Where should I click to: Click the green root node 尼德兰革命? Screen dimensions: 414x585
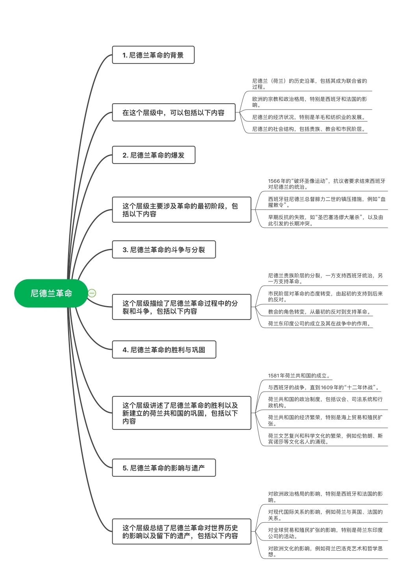(51, 293)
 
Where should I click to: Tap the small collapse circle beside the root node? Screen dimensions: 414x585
(92, 293)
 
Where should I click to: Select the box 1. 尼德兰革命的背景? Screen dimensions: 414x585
(153, 55)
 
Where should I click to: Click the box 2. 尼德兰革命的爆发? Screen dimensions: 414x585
(153, 155)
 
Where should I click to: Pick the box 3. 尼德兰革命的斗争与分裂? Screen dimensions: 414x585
(164, 249)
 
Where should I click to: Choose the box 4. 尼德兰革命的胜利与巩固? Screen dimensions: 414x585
(164, 349)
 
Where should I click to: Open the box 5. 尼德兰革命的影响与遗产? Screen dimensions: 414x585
(164, 468)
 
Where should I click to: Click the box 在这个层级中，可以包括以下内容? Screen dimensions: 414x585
(174, 112)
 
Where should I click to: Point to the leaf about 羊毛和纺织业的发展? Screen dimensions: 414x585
(309, 117)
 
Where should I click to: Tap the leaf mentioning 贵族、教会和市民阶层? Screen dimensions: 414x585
(309, 129)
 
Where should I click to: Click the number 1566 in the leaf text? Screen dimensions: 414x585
(274, 181)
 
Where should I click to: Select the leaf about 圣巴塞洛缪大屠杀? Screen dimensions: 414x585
(325, 220)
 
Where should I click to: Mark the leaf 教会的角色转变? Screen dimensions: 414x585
(319, 312)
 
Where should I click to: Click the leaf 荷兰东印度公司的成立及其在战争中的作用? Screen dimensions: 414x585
(319, 323)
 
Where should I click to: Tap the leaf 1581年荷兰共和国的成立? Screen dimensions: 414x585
(299, 375)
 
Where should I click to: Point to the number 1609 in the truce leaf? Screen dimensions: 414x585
(327, 387)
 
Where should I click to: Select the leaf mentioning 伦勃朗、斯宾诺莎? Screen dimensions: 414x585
(325, 439)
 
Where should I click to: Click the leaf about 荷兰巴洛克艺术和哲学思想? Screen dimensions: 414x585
(325, 551)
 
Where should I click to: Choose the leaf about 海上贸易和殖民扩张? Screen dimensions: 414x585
(325, 420)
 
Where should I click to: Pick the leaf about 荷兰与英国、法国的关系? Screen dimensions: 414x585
(325, 515)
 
